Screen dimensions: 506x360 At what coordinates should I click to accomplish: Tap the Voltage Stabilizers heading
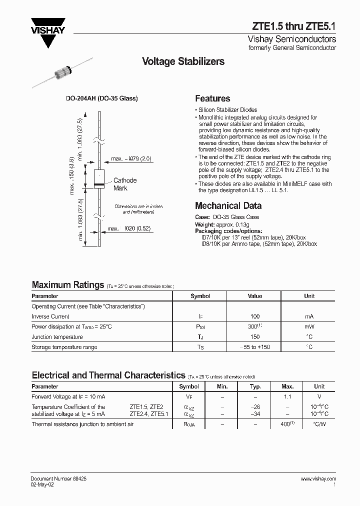183,61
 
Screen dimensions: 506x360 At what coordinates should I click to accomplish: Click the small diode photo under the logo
62,72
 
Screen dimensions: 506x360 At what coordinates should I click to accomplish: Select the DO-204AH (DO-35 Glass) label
102,98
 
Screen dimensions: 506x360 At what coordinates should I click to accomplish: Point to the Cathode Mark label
124,184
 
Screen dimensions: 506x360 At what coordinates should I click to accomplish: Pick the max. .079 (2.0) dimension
131,158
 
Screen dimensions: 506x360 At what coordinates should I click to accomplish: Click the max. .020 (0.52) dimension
129,229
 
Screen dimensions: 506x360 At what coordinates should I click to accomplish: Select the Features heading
212,98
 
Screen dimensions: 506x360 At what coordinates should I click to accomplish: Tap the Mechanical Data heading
228,205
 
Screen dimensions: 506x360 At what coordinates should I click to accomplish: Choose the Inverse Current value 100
254,316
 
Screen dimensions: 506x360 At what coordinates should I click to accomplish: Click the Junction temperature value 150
254,337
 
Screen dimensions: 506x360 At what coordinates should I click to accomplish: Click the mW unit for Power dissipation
309,326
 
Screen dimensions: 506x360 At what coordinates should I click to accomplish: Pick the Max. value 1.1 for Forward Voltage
287,396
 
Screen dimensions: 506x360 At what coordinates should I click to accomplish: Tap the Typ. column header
255,386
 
